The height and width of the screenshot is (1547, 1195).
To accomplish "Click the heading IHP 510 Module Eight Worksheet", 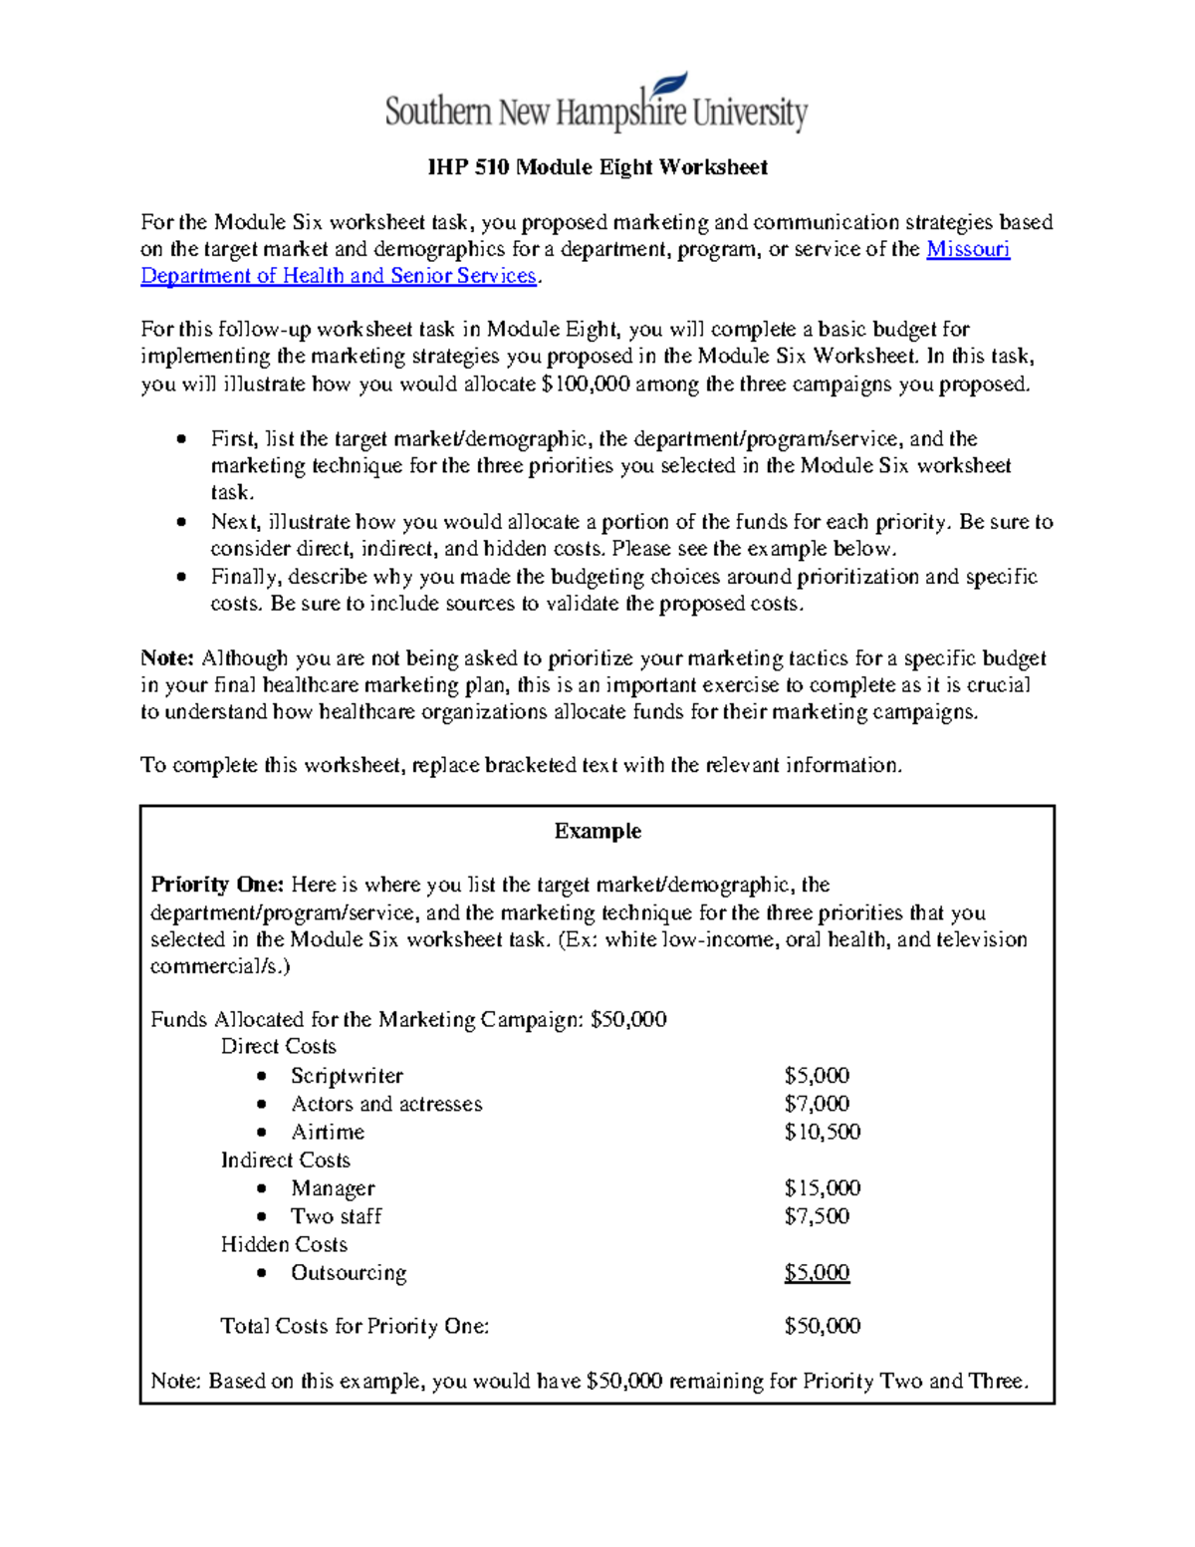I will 597,167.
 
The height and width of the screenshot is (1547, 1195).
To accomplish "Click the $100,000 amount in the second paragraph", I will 585,385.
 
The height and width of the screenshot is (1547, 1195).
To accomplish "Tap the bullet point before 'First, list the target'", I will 180,439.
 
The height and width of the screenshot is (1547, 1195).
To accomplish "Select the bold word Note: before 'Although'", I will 166,658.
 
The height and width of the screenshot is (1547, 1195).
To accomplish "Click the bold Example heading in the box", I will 597,831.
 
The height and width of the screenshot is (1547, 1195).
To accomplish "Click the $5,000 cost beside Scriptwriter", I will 817,1076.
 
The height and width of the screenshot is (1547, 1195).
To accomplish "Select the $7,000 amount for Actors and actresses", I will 817,1104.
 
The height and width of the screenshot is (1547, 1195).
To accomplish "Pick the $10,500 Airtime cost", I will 822,1132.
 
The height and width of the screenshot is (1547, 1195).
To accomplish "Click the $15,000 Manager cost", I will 822,1188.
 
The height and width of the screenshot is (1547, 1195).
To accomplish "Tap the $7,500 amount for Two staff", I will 817,1216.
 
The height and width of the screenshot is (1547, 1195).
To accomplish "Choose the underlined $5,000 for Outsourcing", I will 817,1273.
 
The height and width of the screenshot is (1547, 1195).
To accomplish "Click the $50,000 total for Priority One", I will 822,1326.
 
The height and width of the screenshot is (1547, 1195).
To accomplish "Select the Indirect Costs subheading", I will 285,1160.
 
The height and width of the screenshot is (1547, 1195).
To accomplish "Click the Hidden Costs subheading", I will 284,1245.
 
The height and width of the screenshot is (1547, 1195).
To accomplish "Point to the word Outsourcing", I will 349,1273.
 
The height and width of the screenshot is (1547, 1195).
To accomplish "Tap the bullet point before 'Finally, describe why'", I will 180,577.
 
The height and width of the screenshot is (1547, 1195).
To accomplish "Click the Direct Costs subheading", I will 278,1047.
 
